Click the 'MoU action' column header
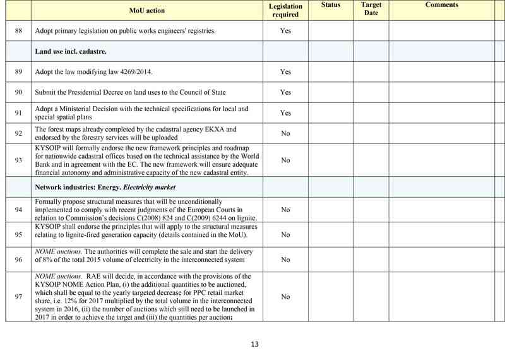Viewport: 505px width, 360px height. (x=146, y=10)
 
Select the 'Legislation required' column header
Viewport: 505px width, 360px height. (x=285, y=10)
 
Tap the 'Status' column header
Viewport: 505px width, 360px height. (x=330, y=5)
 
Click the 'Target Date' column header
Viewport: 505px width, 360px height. (x=371, y=9)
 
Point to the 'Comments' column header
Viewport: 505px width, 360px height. (x=441, y=5)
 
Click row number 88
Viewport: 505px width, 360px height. (x=18, y=31)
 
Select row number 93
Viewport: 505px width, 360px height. (x=18, y=160)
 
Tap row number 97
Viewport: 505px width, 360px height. (x=18, y=297)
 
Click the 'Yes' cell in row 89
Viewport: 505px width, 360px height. (x=285, y=72)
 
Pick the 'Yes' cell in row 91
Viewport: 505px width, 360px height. (x=285, y=113)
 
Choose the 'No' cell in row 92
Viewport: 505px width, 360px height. (x=285, y=134)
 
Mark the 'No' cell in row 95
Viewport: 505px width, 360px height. (x=285, y=235)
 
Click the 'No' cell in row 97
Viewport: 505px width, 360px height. (x=285, y=297)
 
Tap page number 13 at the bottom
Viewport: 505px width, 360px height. (x=254, y=344)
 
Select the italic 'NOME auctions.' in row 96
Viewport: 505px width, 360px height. (x=57, y=251)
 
